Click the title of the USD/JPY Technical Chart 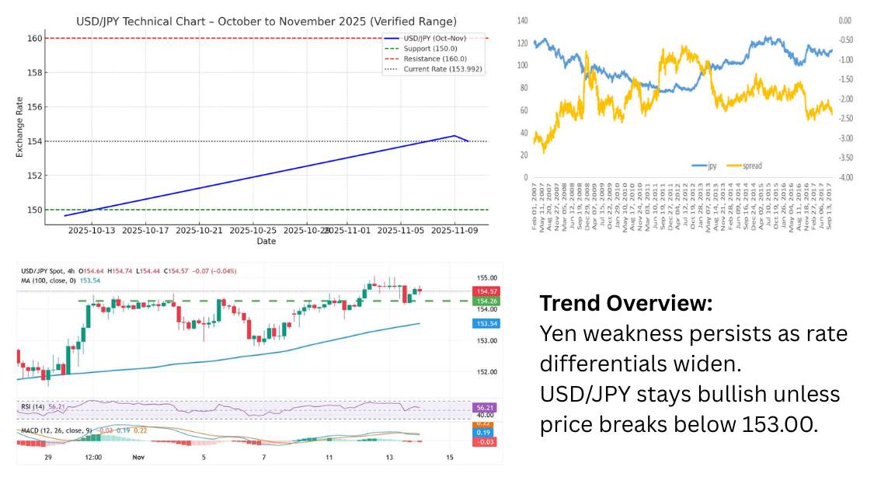[x=266, y=21]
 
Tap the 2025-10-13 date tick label [x=92, y=231]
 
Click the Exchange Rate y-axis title [x=20, y=124]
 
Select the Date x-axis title [x=266, y=242]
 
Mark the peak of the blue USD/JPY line [x=454, y=135]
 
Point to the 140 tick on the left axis [x=522, y=19]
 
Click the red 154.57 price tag [x=486, y=291]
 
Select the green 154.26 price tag [x=486, y=301]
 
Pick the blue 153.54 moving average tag [x=486, y=323]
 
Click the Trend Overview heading [x=625, y=303]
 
